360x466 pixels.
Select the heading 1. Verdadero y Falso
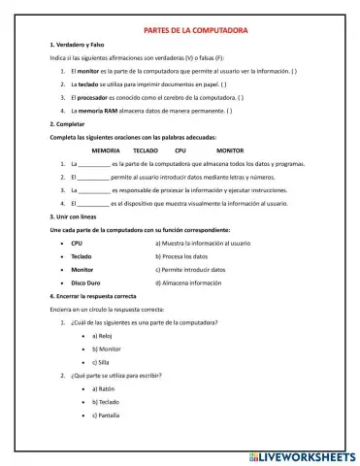pos(79,46)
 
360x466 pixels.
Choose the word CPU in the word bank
pos(180,150)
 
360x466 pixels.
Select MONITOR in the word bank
pos(230,150)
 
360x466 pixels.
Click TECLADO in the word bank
pos(146,150)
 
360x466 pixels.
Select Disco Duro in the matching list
pos(87,283)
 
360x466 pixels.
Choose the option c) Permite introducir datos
pos(191,269)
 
